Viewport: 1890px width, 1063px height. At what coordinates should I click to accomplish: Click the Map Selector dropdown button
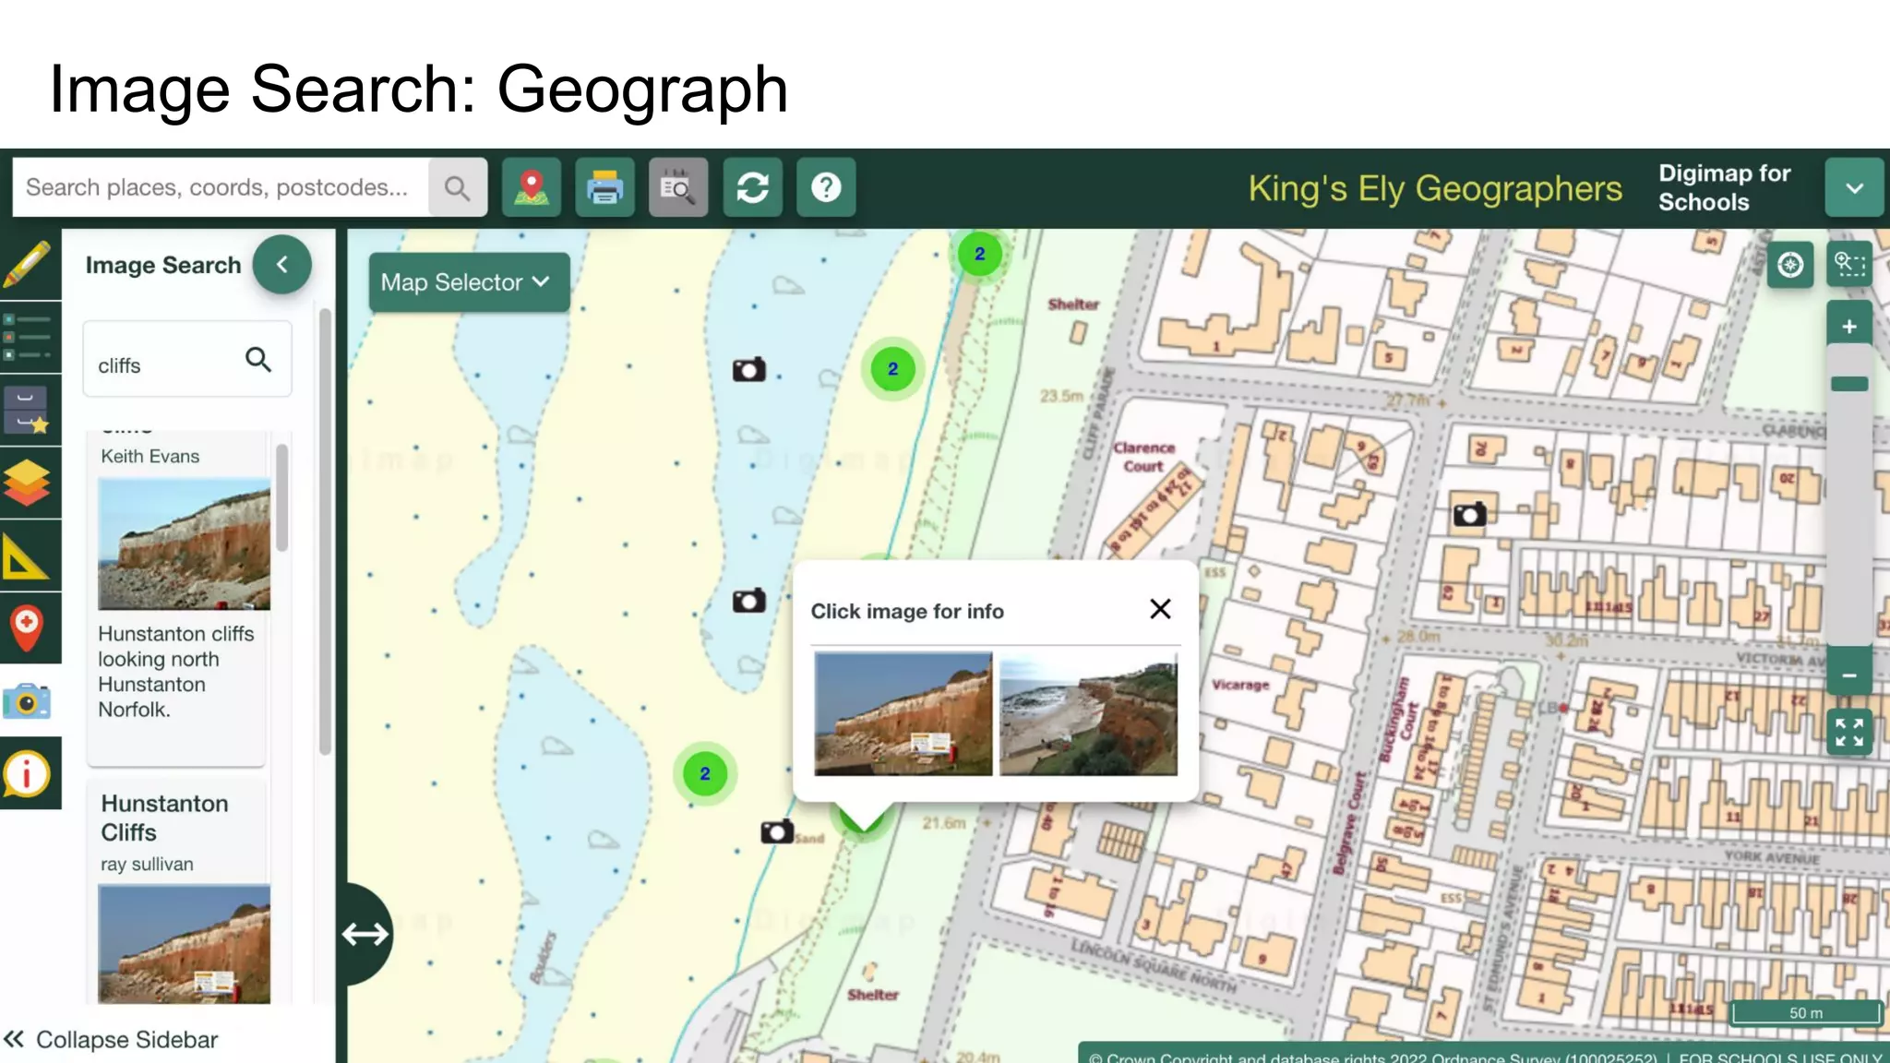[x=468, y=282]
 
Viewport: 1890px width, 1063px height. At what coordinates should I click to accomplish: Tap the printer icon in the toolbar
[x=604, y=187]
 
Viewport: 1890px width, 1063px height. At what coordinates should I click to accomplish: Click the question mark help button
[x=826, y=187]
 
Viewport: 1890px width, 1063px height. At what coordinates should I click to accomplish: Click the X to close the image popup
[x=1160, y=609]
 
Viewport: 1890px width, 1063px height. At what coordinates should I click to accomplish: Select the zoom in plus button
[x=1848, y=327]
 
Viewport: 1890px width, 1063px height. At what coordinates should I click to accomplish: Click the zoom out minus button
[x=1848, y=675]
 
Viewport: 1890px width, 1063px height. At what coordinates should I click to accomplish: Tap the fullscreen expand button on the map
[x=1848, y=733]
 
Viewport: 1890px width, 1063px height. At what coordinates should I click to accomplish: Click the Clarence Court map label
[x=1144, y=457]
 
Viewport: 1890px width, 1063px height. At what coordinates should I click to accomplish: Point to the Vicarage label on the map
[x=1240, y=685]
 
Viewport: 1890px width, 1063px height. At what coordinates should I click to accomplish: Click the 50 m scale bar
[x=1805, y=1013]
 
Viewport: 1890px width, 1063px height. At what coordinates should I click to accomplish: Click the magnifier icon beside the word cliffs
[x=258, y=360]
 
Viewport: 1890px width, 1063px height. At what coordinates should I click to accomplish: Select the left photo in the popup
[x=903, y=714]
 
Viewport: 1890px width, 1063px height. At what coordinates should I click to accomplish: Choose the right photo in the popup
[x=1088, y=714]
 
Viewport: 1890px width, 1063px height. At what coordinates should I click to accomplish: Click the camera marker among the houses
[x=1469, y=514]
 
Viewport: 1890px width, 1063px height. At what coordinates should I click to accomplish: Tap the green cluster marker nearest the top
[x=979, y=254]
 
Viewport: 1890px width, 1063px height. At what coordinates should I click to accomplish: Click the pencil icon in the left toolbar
[x=28, y=265]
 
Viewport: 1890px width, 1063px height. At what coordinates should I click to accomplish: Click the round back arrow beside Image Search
[x=282, y=265]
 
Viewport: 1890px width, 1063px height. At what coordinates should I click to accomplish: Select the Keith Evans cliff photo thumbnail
[x=184, y=543]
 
